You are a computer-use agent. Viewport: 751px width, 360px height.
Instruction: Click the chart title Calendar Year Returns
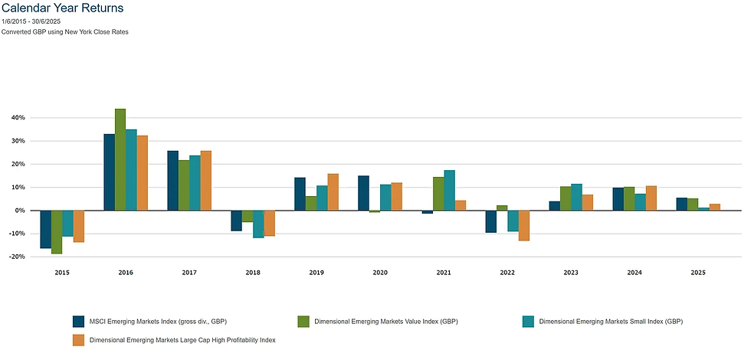(x=62, y=8)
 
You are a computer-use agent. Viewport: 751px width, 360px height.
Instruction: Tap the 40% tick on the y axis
(x=16, y=118)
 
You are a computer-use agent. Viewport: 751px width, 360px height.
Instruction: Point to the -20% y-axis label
(x=15, y=257)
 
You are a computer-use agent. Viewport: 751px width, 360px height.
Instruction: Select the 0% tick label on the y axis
(x=19, y=211)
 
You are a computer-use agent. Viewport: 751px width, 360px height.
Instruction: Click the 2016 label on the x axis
(x=126, y=272)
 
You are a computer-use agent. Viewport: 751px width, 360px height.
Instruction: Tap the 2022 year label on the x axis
(x=507, y=272)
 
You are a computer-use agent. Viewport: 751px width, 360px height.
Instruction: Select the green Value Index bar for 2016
(x=120, y=159)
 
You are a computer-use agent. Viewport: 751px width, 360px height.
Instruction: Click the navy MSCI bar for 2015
(x=45, y=229)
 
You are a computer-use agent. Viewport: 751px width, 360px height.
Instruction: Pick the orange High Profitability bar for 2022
(x=524, y=225)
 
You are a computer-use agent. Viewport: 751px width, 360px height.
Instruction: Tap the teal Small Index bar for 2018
(x=258, y=224)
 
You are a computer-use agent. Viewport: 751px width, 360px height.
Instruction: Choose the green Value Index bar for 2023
(x=565, y=198)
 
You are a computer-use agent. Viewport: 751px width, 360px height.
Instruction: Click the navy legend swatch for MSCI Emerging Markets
(x=78, y=321)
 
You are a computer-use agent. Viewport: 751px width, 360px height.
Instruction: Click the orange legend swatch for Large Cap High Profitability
(x=78, y=339)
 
